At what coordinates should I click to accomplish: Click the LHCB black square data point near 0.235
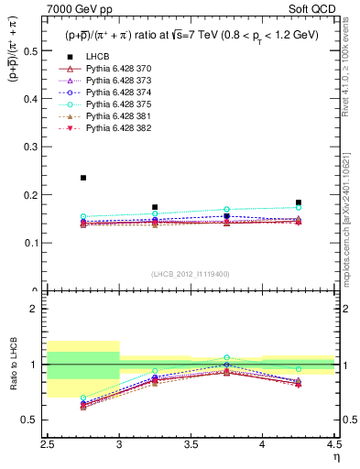coord(83,178)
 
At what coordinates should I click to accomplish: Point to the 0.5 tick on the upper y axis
coord(36,50)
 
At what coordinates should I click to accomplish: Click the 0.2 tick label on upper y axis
coord(36,195)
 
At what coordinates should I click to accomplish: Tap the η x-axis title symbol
coord(336,457)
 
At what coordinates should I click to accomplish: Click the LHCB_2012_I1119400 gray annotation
coord(191,274)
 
